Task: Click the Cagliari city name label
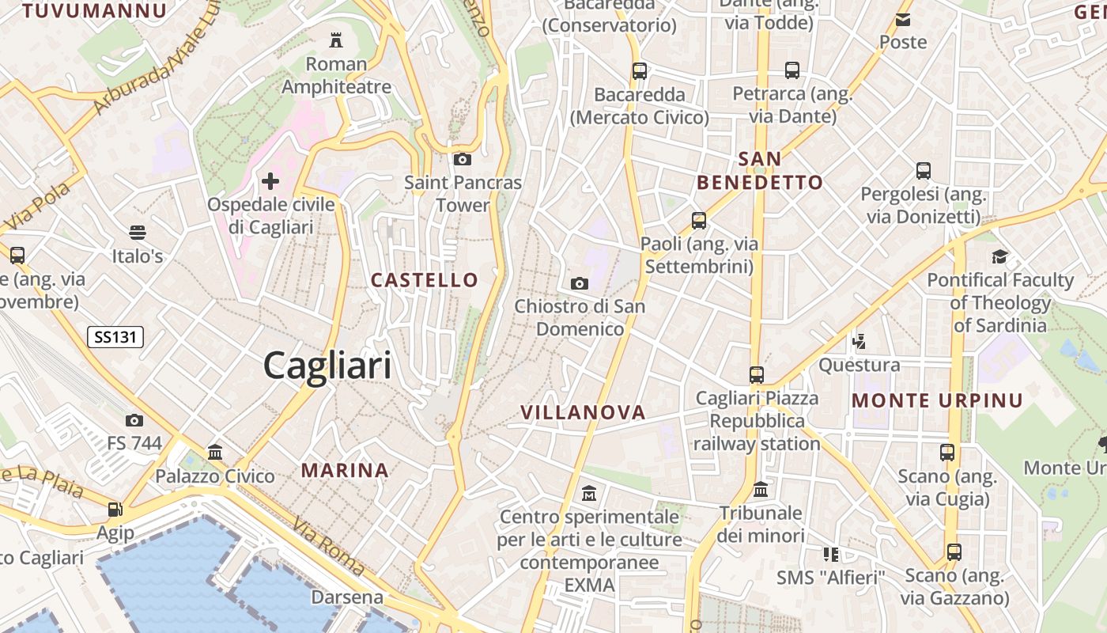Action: [x=327, y=366]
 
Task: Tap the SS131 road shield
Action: [x=115, y=337]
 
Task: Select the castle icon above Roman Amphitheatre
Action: [x=336, y=40]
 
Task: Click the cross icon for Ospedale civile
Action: [x=270, y=181]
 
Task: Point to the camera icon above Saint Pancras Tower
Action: [x=463, y=159]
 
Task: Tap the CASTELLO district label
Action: [x=425, y=280]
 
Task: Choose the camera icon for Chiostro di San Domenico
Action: [x=580, y=283]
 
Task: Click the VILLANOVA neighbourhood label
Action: [x=584, y=412]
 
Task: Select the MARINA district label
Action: [x=345, y=471]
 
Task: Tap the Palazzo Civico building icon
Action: [x=214, y=453]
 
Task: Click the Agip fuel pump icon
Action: [x=115, y=510]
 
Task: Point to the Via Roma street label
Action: [x=328, y=547]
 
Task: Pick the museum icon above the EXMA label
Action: [x=589, y=494]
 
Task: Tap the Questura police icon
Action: [x=859, y=342]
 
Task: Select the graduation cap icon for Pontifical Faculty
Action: [x=1000, y=256]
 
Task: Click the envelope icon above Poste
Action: [x=903, y=19]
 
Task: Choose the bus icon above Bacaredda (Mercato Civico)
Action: [x=640, y=70]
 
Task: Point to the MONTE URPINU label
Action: [x=937, y=401]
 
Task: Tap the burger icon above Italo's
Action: [x=138, y=232]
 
